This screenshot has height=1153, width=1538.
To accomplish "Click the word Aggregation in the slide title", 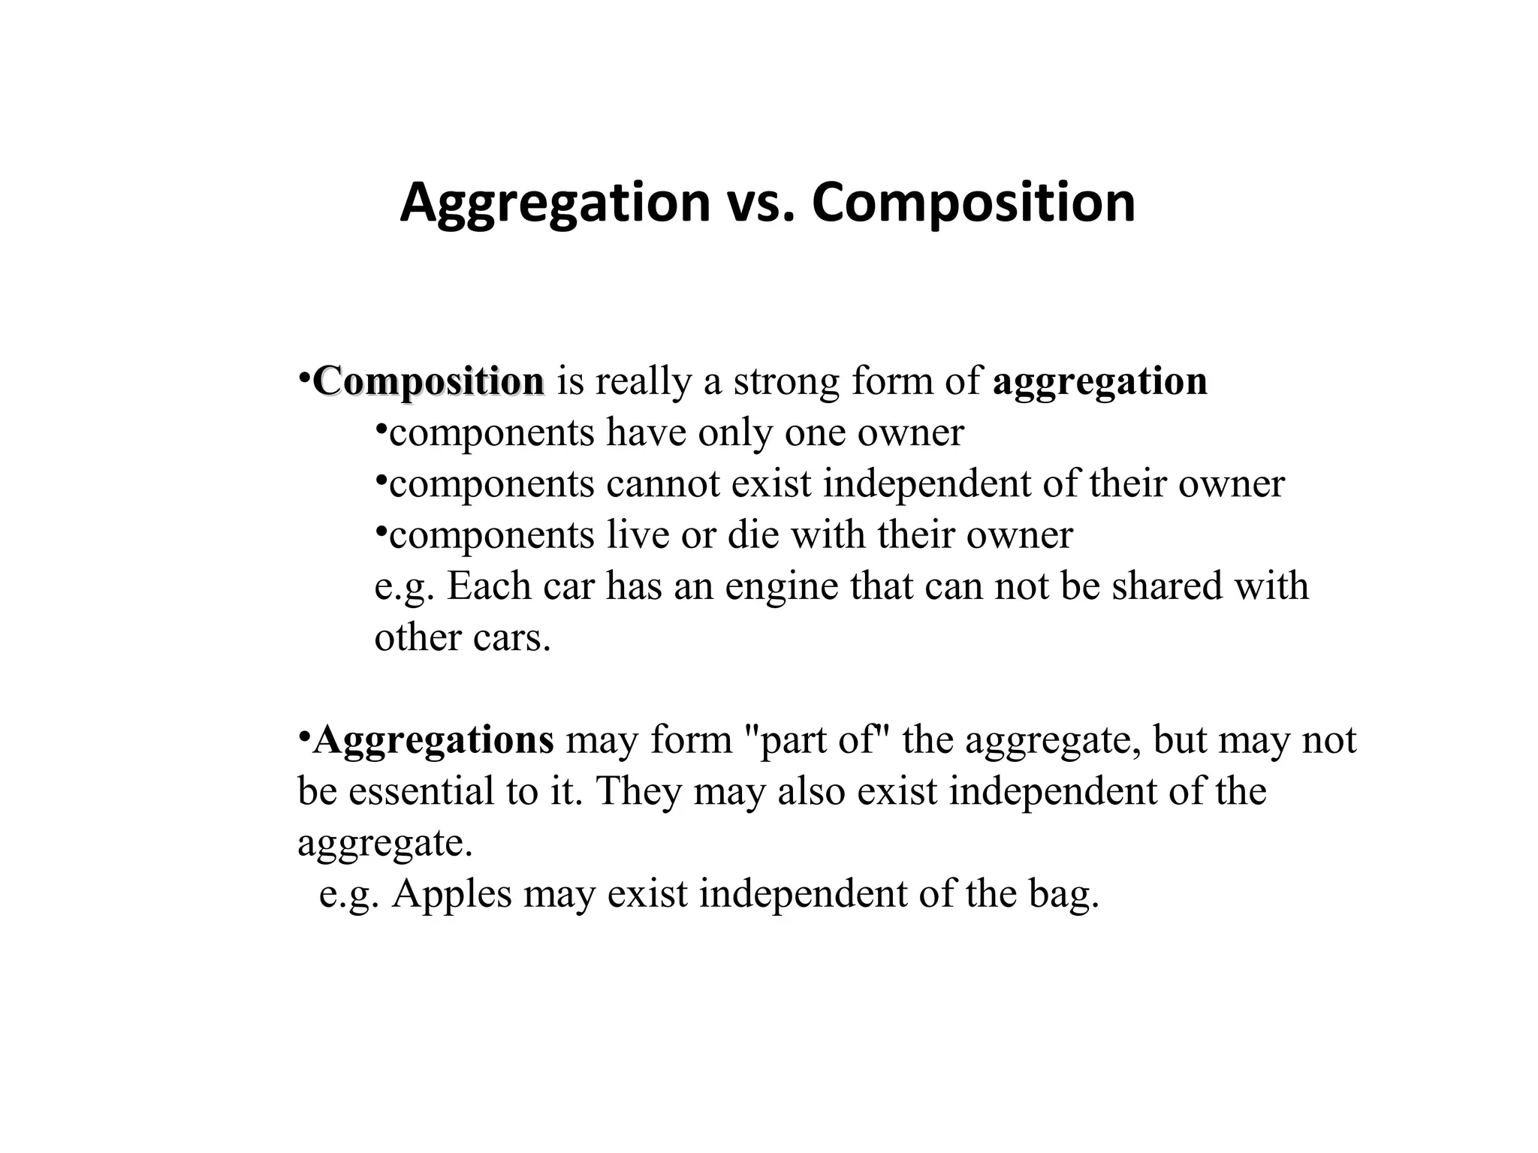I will click(x=554, y=203).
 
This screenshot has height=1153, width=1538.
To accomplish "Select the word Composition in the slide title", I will click(x=973, y=203).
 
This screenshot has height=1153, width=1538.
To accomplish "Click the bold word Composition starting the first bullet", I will click(x=429, y=381).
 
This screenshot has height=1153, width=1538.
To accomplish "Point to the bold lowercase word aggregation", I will click(x=1099, y=381).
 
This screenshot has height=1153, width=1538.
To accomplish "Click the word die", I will click(x=751, y=535).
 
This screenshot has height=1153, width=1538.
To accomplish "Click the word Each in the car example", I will click(x=489, y=587).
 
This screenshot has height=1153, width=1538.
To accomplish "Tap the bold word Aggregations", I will click(x=434, y=740).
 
